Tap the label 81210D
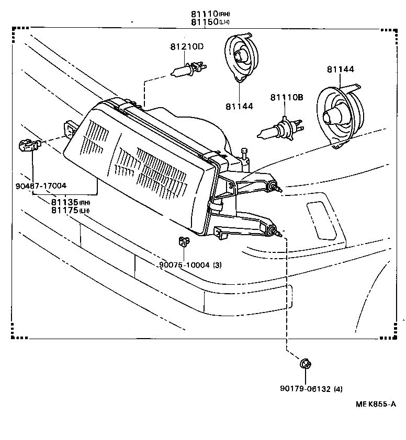point(186,47)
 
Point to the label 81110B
point(287,97)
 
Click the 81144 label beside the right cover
point(341,69)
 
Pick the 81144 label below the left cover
point(239,106)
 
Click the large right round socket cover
point(340,117)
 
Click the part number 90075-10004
point(184,265)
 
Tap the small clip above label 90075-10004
point(183,241)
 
